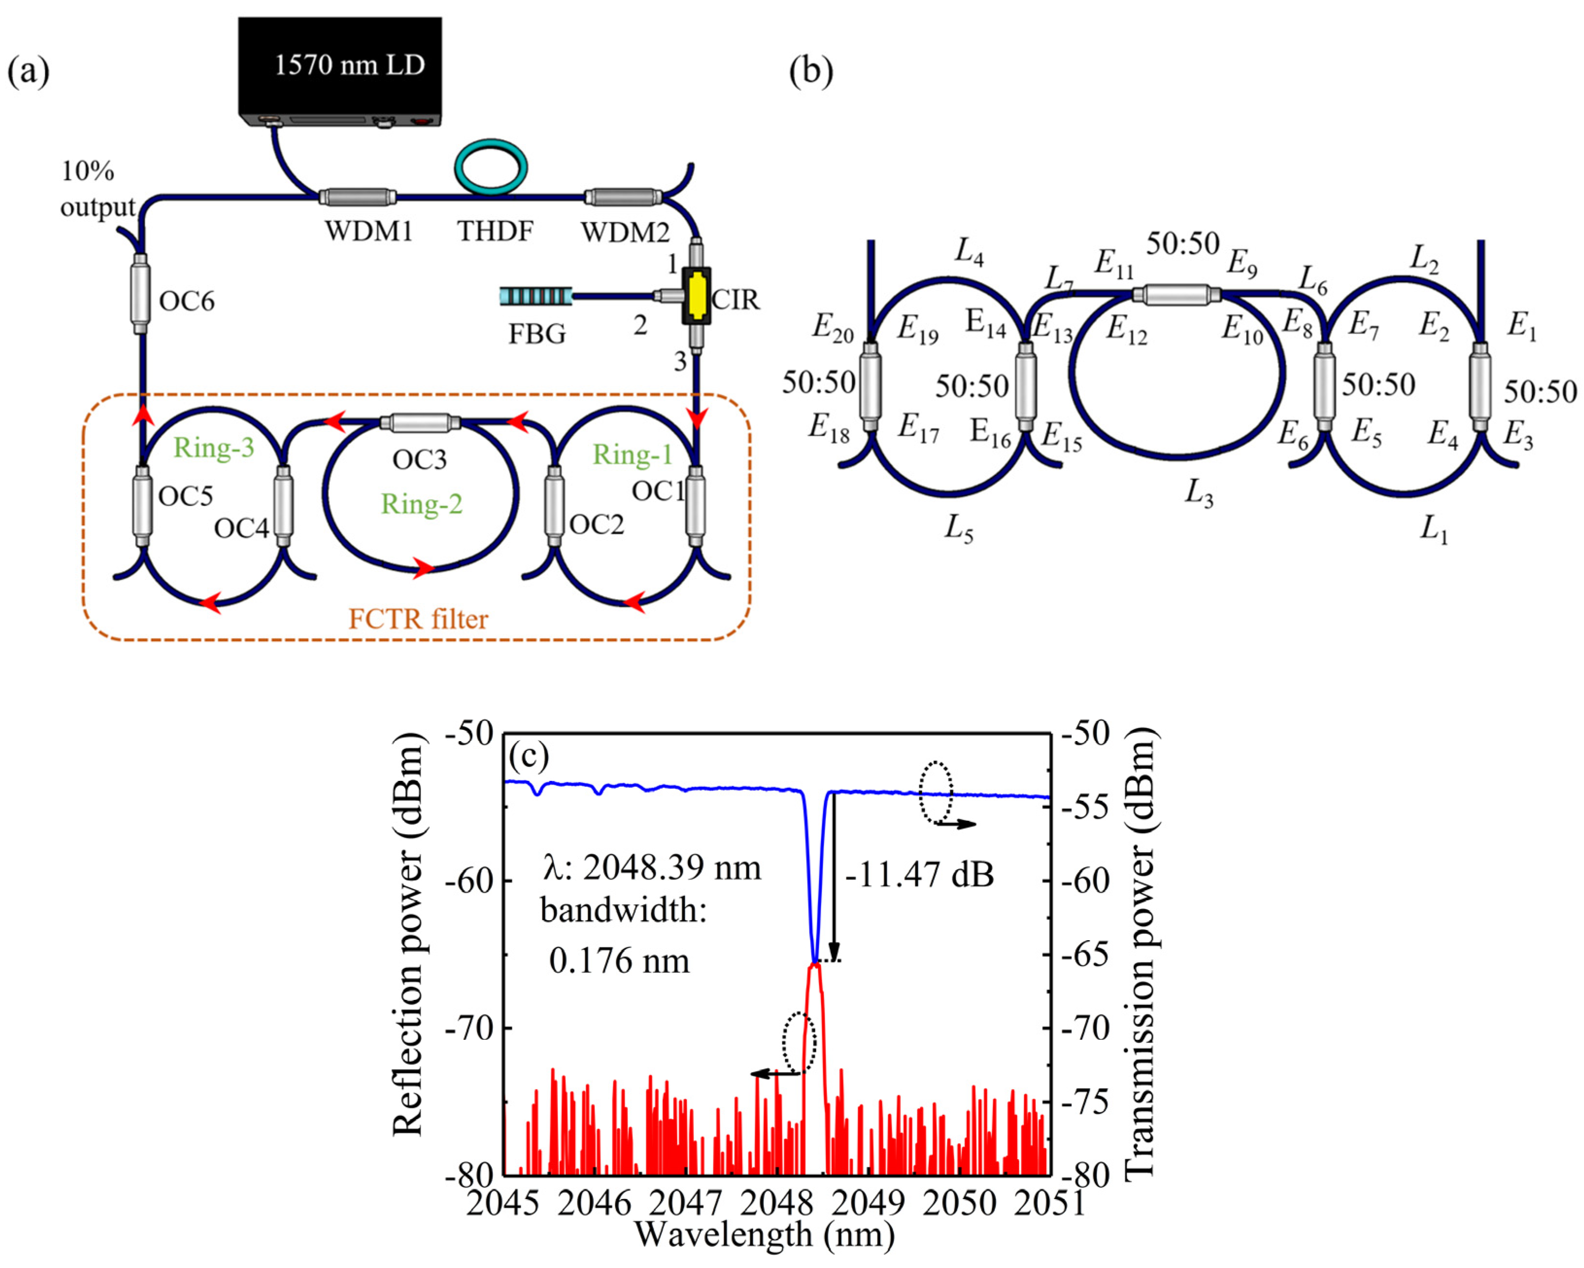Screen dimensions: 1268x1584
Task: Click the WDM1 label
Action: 369,232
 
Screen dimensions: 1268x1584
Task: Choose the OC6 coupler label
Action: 186,301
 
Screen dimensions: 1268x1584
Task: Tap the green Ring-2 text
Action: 421,504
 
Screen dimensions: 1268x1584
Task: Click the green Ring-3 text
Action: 214,447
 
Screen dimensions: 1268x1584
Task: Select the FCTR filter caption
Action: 418,619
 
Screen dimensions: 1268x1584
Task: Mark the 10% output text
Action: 96,189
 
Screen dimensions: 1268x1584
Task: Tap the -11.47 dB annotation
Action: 919,874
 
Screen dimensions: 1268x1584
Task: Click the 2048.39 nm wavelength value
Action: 672,868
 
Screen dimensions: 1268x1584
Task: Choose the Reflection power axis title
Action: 408,933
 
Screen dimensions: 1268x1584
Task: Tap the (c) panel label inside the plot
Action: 529,755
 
